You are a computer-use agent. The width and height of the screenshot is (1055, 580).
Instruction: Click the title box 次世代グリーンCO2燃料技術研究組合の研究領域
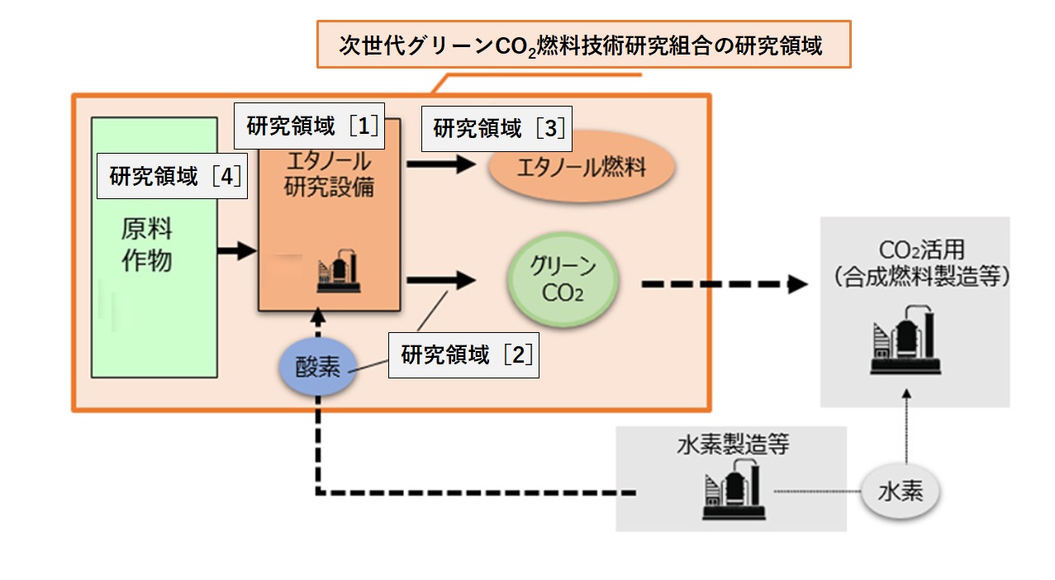click(583, 45)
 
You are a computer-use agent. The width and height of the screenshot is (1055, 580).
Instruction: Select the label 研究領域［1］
click(313, 126)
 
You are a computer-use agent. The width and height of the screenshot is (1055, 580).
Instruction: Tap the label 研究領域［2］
click(463, 356)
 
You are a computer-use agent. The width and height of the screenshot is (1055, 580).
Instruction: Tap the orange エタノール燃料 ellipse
click(582, 169)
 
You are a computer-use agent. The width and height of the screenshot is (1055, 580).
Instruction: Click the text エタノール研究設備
click(329, 174)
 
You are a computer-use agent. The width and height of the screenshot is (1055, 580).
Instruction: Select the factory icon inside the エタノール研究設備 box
click(337, 270)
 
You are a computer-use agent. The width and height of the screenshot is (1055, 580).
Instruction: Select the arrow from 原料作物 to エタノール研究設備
click(236, 250)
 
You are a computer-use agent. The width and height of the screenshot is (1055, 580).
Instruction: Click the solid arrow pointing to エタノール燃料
click(441, 164)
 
